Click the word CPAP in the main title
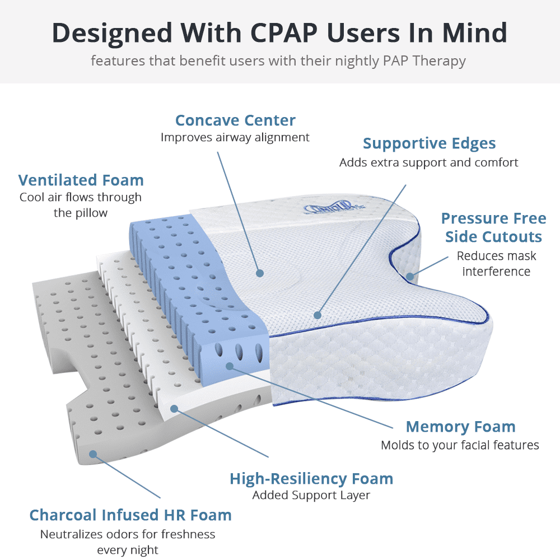tap(284, 33)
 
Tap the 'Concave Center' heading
tap(235, 120)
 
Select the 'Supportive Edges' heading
tap(430, 143)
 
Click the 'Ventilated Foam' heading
tap(81, 180)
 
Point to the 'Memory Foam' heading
tap(461, 426)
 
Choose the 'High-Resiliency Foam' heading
tap(311, 479)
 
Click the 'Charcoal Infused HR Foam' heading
tap(130, 515)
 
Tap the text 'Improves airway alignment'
tap(235, 138)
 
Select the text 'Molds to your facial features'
tap(460, 445)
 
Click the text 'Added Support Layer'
tap(311, 496)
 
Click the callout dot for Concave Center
tap(260, 273)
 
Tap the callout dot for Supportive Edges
tap(318, 315)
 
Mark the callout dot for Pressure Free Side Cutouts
tap(410, 276)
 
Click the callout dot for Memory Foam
tap(230, 366)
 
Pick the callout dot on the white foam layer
tap(174, 409)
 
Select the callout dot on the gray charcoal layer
tap(93, 454)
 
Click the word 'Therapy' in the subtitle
tap(439, 61)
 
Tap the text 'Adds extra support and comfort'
tap(428, 162)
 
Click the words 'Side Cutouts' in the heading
tap(493, 237)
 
